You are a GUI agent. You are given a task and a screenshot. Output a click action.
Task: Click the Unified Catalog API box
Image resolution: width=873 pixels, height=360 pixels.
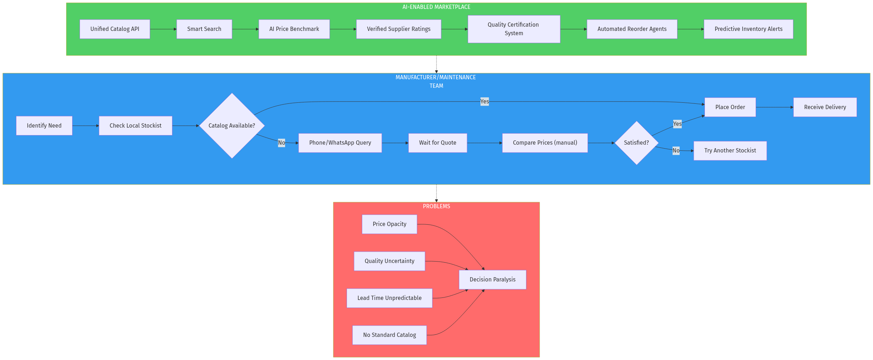click(114, 29)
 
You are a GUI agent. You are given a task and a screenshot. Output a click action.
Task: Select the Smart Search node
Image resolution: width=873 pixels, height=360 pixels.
click(204, 29)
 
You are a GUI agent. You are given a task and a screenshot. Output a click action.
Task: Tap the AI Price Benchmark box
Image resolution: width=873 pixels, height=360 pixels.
click(294, 29)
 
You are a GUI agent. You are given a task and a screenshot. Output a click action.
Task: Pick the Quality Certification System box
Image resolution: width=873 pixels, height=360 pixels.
click(514, 29)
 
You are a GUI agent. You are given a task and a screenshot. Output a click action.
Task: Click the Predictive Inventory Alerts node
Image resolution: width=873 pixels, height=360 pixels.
click(748, 29)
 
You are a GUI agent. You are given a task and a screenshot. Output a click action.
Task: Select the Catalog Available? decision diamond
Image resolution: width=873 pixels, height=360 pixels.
click(232, 125)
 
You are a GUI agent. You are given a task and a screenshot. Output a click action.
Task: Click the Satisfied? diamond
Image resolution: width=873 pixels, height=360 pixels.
click(636, 143)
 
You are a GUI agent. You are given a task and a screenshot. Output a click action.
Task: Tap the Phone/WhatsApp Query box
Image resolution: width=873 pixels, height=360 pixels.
click(340, 143)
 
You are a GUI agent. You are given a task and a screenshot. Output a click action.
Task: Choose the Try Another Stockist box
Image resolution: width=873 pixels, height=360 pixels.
click(730, 151)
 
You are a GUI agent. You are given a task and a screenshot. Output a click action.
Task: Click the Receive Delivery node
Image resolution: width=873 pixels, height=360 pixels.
click(825, 107)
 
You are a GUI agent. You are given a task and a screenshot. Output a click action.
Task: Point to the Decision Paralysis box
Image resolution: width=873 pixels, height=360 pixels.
click(492, 279)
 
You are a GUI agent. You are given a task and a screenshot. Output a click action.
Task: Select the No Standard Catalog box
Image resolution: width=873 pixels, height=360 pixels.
click(389, 335)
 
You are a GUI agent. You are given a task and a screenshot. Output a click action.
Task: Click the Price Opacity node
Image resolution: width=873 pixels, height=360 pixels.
click(389, 224)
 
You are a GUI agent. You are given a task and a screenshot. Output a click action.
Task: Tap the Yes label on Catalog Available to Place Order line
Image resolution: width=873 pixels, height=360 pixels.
click(484, 102)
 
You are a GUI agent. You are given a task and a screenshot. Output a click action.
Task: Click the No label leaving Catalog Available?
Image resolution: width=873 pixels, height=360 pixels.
click(282, 143)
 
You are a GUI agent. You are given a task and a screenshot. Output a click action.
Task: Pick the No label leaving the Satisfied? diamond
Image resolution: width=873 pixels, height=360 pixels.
click(676, 150)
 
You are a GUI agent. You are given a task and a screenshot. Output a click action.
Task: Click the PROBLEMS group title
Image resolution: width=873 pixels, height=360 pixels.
click(436, 206)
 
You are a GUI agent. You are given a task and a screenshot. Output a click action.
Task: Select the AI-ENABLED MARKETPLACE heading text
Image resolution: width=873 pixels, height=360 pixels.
click(436, 7)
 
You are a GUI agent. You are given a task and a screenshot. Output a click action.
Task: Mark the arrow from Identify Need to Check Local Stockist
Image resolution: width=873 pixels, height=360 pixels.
click(85, 125)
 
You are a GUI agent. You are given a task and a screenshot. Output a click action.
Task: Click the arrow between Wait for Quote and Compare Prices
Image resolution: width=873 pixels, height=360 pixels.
click(484, 143)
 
